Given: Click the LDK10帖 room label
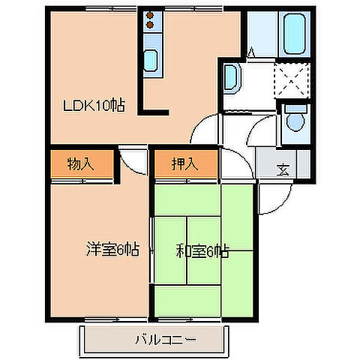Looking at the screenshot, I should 93,106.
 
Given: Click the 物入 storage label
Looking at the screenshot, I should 80,163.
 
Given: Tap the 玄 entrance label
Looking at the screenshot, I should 283,168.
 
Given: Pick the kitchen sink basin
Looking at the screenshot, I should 151,60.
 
